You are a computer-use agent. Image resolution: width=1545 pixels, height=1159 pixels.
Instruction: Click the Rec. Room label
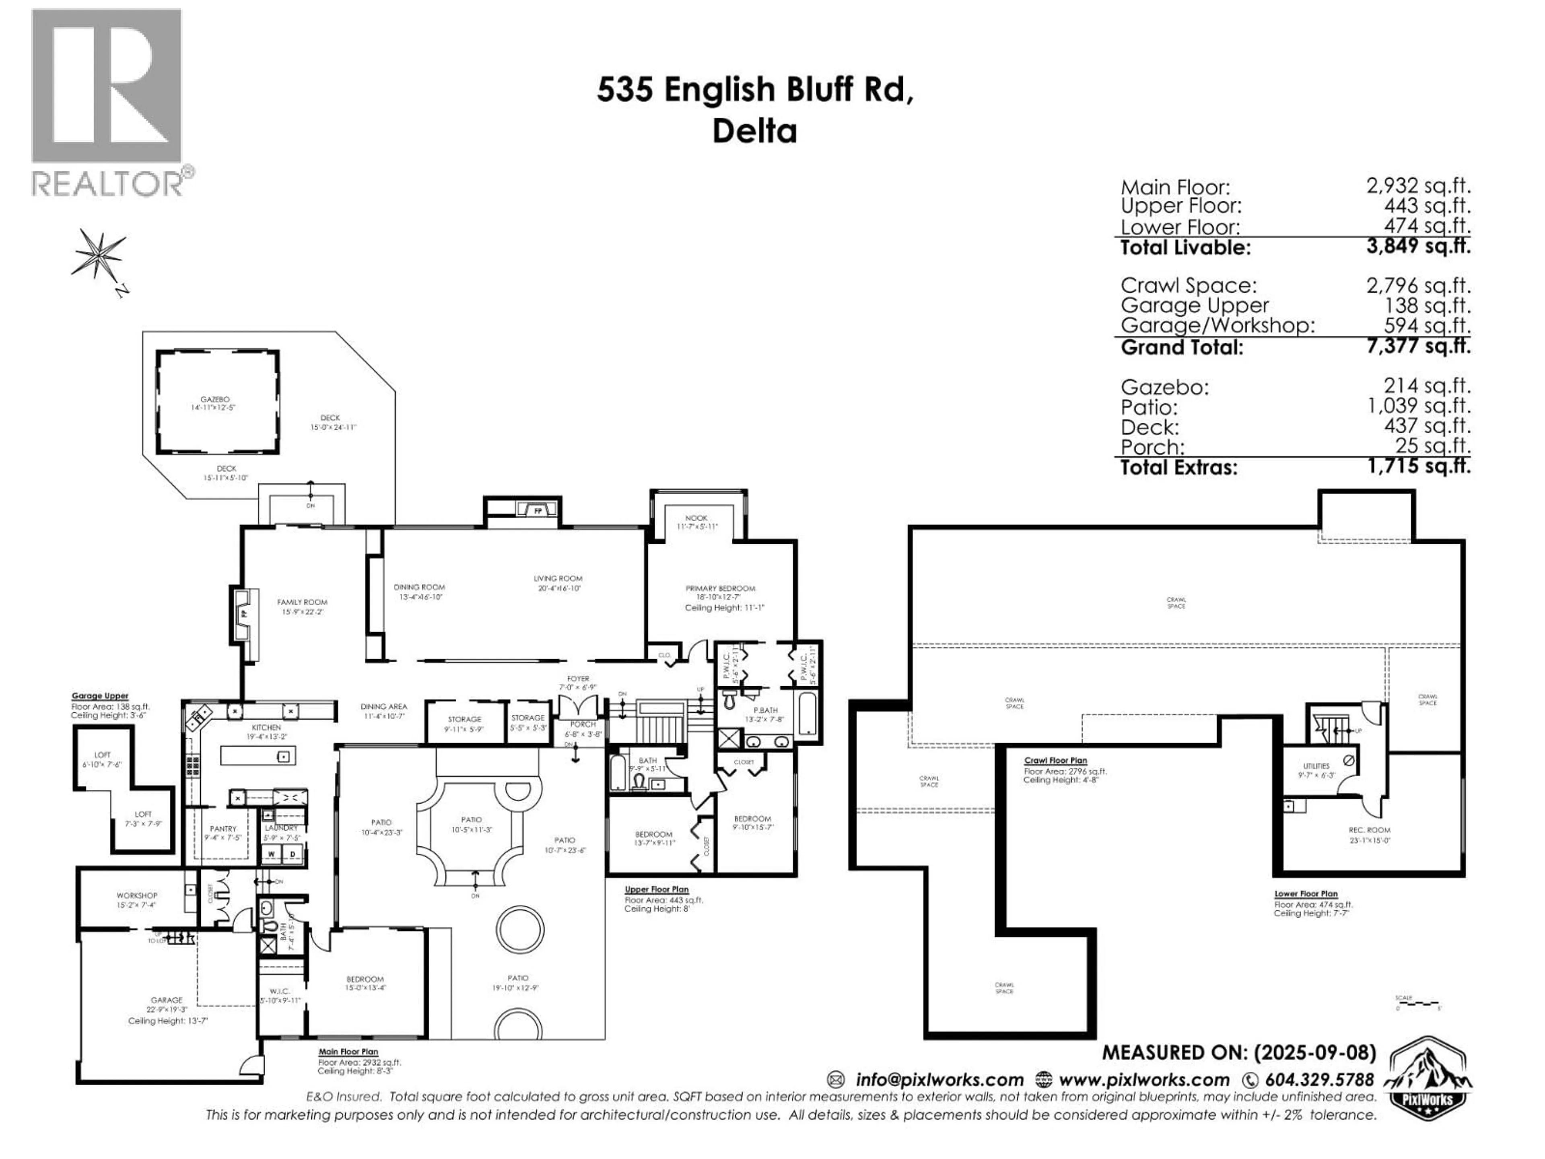1369,830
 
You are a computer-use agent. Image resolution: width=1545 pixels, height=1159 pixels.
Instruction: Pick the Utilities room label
1316,766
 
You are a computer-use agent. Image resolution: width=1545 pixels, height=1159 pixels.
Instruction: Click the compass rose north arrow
100,254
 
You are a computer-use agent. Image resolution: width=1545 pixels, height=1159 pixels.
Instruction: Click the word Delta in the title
754,131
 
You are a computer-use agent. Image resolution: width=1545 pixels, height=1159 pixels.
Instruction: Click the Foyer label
578,678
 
